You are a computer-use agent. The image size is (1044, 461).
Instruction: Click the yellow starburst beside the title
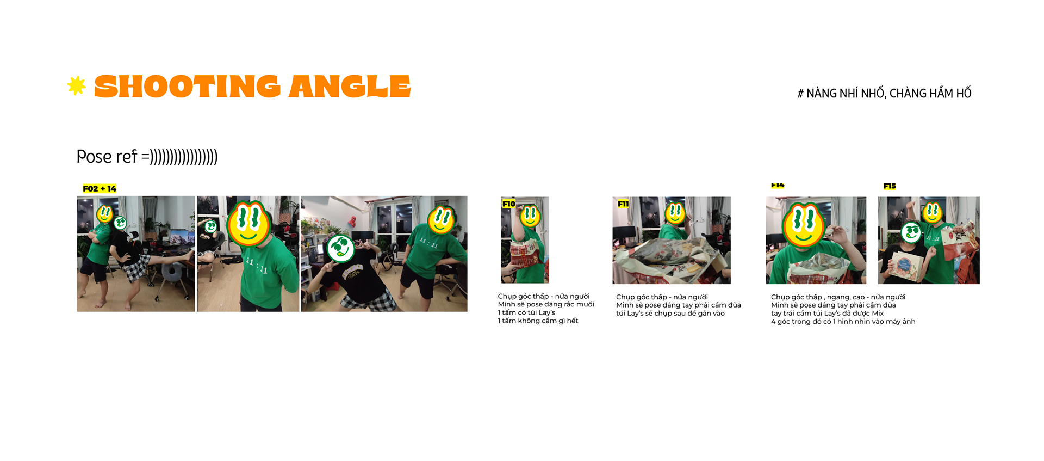point(76,86)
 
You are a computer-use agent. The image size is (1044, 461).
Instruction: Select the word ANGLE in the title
point(350,87)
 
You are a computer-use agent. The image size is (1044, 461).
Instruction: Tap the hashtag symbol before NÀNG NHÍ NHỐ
point(800,94)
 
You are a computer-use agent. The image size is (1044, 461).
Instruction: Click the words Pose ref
point(107,157)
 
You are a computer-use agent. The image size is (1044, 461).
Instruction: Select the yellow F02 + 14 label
point(100,189)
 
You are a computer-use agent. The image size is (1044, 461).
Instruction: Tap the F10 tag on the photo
point(509,204)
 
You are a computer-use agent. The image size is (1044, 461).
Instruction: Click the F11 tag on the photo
point(623,204)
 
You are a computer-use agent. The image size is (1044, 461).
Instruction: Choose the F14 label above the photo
point(778,185)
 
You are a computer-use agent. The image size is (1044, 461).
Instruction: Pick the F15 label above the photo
point(890,186)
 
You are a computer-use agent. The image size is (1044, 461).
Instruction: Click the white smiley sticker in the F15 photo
point(911,233)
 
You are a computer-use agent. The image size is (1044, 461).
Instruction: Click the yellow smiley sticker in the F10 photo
point(530,216)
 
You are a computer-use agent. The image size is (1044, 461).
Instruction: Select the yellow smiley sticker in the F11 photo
point(675,213)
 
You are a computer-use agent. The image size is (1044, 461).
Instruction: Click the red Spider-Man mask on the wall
point(351,221)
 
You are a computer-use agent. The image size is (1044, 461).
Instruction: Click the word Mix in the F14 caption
point(878,314)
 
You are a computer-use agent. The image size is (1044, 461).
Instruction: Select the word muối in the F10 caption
point(585,305)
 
